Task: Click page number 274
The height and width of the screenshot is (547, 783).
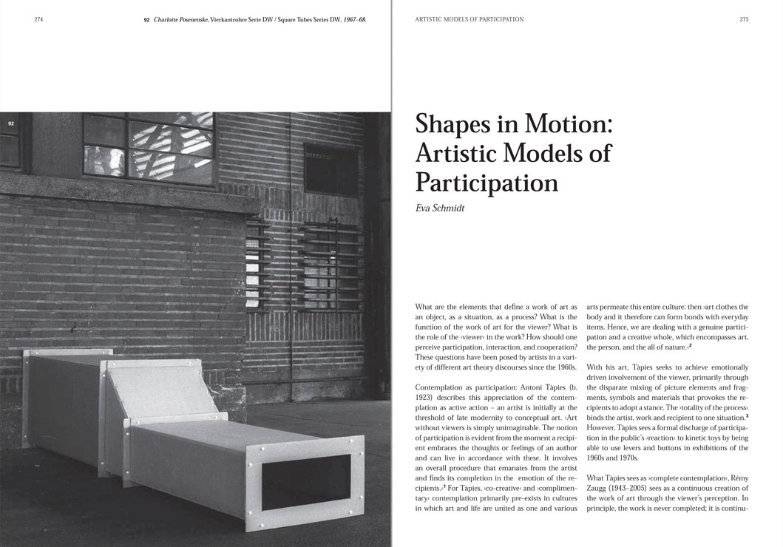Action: (38, 20)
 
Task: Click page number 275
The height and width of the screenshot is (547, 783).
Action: (744, 20)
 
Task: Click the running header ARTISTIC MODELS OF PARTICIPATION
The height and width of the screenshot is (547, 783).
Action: (470, 20)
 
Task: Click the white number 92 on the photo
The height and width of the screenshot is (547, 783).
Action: (11, 123)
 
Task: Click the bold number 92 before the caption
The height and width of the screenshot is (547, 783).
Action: (146, 20)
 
